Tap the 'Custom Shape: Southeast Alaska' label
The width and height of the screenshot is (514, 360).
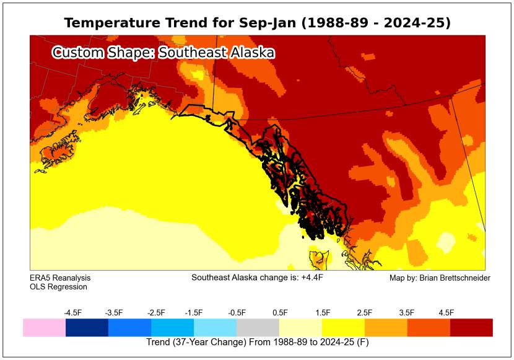click(163, 53)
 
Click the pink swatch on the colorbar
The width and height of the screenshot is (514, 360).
click(44, 327)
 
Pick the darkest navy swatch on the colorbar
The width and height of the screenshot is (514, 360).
click(87, 327)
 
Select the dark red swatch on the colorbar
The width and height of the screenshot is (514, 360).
click(471, 327)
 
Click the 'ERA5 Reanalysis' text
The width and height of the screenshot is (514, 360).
click(56, 278)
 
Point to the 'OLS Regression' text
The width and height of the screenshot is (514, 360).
click(58, 287)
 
